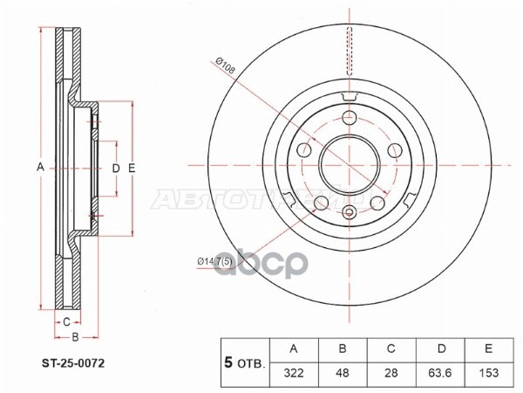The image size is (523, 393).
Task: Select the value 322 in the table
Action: pyautogui.click(x=293, y=372)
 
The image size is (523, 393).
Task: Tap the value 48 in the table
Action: pyautogui.click(x=343, y=372)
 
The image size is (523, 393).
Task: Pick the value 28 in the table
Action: pyautogui.click(x=392, y=372)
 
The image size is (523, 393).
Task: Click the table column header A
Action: pyautogui.click(x=293, y=349)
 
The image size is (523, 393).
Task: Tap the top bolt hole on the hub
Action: pyautogui.click(x=350, y=120)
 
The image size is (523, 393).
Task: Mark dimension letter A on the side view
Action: pyautogui.click(x=38, y=167)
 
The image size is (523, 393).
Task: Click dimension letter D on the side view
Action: pyautogui.click(x=115, y=167)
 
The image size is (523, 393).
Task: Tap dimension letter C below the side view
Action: pyautogui.click(x=66, y=321)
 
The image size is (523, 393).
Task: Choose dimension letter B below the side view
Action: pyautogui.click(x=75, y=336)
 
